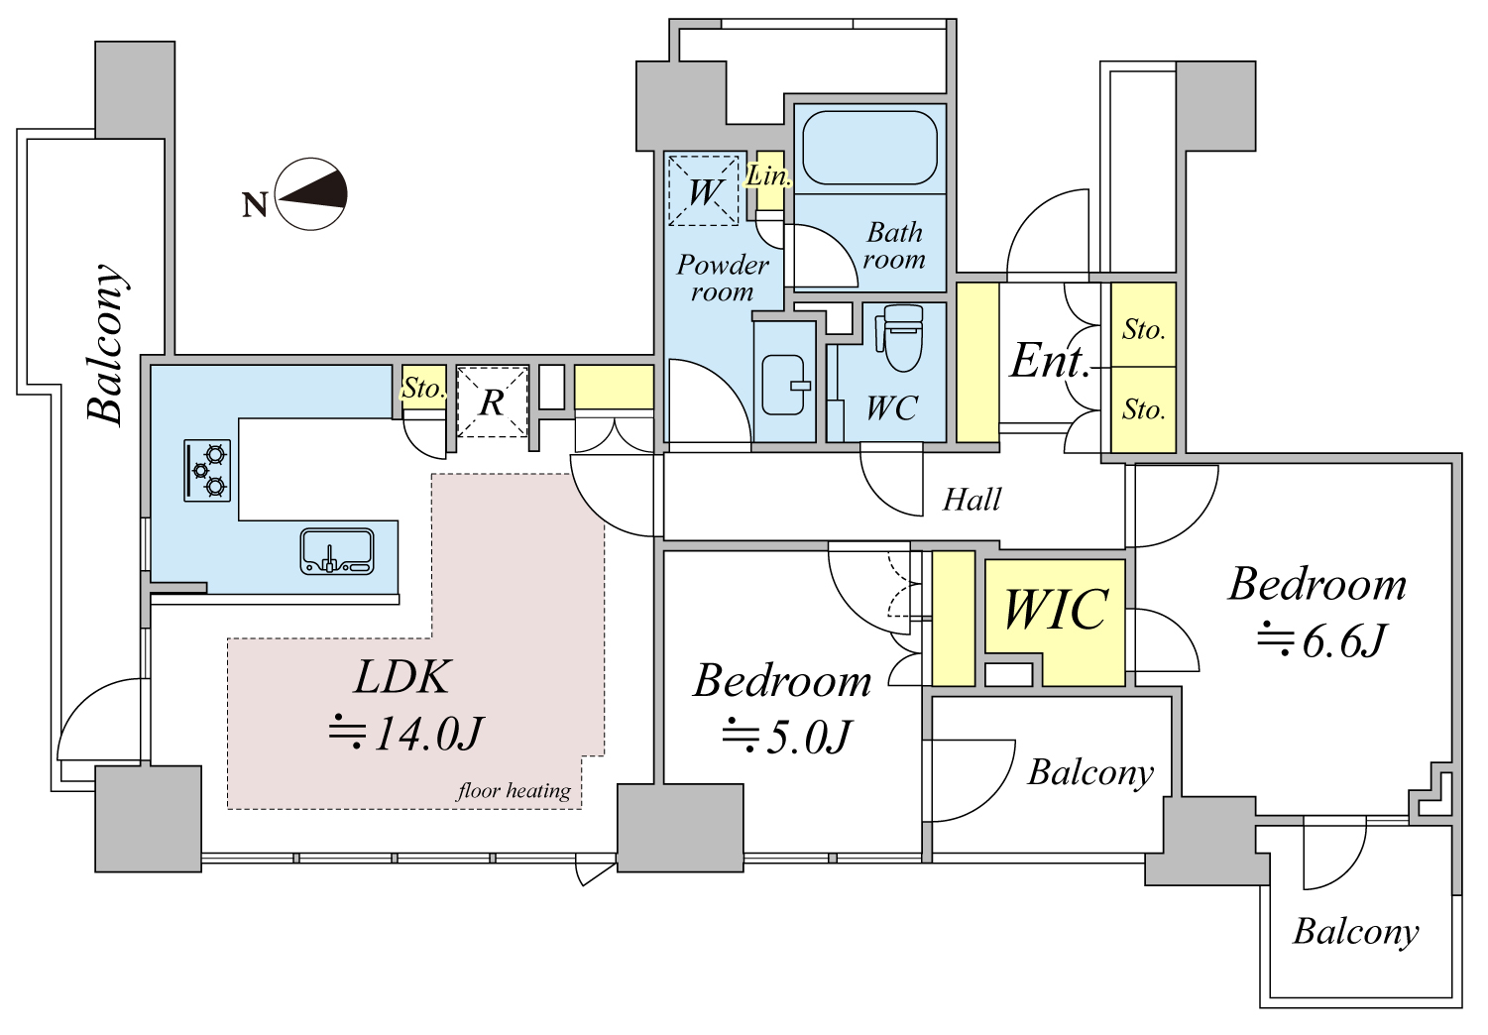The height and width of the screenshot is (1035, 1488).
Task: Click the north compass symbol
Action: (x=311, y=194)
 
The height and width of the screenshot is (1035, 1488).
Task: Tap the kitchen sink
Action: (x=337, y=551)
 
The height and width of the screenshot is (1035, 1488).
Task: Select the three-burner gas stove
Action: (x=207, y=470)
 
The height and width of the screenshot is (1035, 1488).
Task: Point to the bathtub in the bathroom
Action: (x=869, y=147)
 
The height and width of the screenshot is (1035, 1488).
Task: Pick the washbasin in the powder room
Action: (x=785, y=386)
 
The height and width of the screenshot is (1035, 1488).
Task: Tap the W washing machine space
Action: (x=703, y=190)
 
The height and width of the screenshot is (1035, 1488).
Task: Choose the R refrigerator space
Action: (x=493, y=402)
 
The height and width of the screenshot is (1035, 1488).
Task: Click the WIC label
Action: (x=1055, y=609)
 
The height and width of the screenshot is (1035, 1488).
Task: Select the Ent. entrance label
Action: (x=1050, y=362)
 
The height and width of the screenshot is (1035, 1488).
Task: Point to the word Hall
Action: (x=972, y=500)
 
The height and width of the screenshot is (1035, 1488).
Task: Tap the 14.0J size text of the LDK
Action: (x=406, y=734)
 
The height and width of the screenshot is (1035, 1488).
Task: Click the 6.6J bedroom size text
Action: (x=1321, y=641)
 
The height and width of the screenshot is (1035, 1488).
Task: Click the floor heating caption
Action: (x=514, y=790)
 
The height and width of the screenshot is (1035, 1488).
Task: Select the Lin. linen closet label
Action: (x=768, y=176)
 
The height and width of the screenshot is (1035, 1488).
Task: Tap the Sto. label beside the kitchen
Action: (x=422, y=389)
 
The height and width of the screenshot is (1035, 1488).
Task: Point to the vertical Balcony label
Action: (x=106, y=344)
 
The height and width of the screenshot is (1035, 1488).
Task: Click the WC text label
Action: (x=892, y=407)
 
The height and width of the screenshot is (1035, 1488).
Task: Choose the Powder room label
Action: (x=723, y=279)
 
